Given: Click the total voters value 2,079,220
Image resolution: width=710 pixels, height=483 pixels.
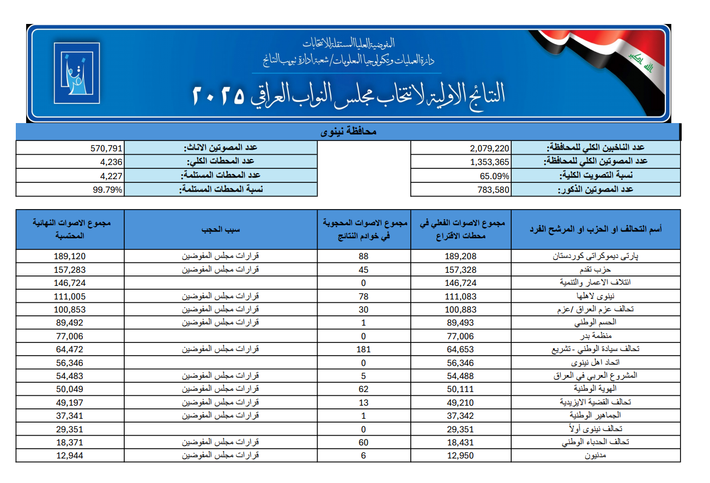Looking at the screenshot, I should pyautogui.click(x=489, y=148).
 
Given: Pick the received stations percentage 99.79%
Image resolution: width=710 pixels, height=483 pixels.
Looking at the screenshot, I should pyautogui.click(x=108, y=190).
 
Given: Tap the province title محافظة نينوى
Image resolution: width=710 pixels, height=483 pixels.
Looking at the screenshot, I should pyautogui.click(x=348, y=132).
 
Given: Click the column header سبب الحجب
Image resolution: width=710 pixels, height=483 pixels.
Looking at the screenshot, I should pyautogui.click(x=220, y=229).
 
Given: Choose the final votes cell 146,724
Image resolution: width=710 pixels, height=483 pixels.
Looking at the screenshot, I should pyautogui.click(x=70, y=283).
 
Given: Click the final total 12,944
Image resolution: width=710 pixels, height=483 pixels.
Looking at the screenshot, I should pyautogui.click(x=70, y=455).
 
